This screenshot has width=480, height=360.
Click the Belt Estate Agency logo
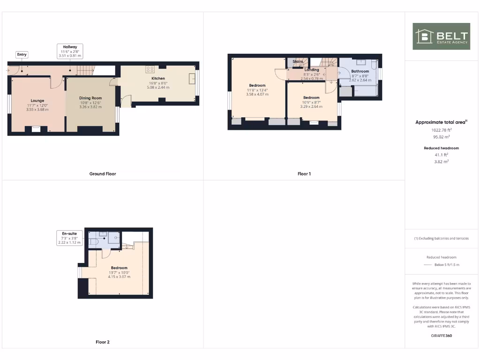[x=441, y=36]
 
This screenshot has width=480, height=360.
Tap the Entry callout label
[x=22, y=55]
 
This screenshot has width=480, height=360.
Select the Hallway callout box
[x=70, y=51]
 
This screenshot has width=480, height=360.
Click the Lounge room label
[x=37, y=101]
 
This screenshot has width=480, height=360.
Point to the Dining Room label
[x=90, y=97]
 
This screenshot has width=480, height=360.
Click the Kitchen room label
[x=158, y=78]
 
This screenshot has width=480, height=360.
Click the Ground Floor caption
[x=103, y=174]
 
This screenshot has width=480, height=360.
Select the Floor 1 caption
[x=304, y=174]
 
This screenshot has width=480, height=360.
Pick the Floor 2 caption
[x=103, y=342]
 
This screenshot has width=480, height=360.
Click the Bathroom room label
[x=360, y=71]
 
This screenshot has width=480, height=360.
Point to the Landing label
[x=312, y=70]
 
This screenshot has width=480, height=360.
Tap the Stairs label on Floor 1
[x=298, y=61]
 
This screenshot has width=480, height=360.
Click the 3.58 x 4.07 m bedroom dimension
[x=257, y=94]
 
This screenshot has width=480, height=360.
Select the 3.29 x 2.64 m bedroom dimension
[x=311, y=106]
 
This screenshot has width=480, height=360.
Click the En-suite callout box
[x=69, y=238]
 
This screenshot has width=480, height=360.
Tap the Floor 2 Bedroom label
[x=120, y=268]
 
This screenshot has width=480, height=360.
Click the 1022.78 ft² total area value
[x=441, y=130]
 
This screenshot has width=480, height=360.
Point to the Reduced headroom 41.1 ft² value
[x=441, y=154]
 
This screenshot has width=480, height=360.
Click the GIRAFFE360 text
[x=441, y=336]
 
